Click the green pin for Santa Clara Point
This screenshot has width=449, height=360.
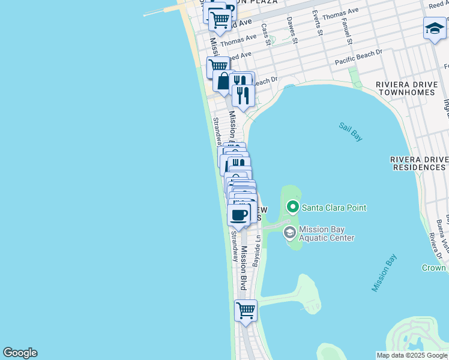point(293,208)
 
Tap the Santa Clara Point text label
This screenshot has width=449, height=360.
point(334,208)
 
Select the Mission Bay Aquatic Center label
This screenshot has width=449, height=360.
point(327,233)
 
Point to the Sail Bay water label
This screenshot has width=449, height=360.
point(351,132)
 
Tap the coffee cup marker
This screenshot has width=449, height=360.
point(239,215)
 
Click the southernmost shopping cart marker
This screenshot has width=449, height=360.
point(246,311)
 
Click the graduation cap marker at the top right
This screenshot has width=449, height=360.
point(435,28)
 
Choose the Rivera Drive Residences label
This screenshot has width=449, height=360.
point(418,163)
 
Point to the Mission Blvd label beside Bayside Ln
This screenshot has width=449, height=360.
point(244,268)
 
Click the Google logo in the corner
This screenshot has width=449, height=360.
point(20,353)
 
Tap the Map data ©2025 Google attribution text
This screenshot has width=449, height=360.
point(412,355)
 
